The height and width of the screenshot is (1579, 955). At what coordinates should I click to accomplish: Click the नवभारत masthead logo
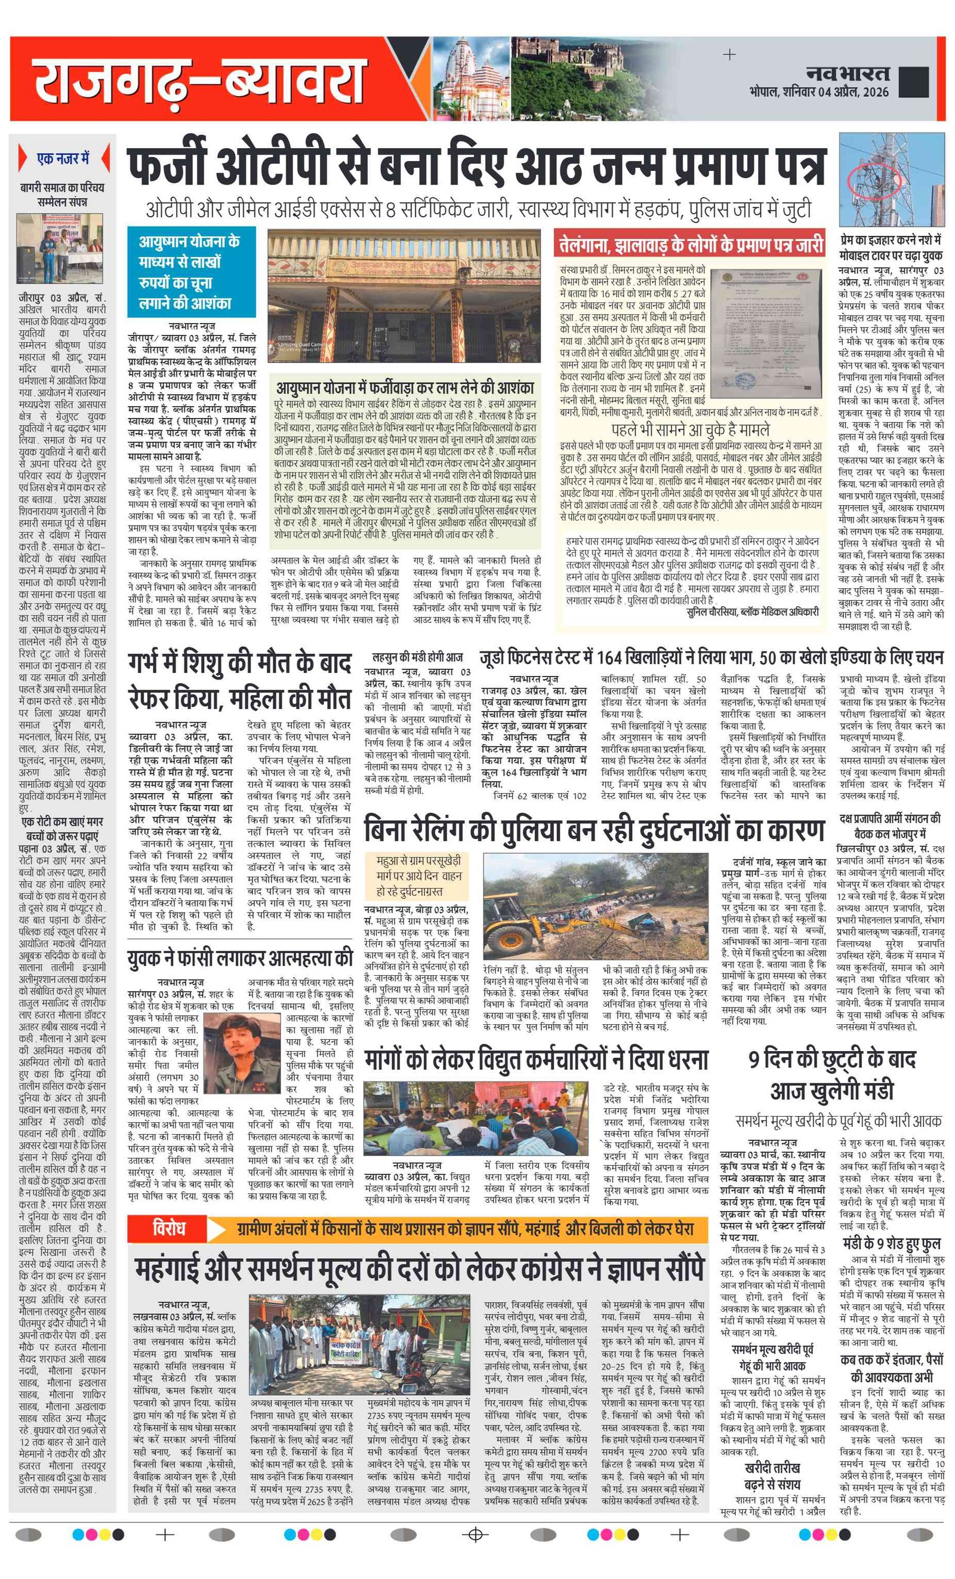[x=848, y=72]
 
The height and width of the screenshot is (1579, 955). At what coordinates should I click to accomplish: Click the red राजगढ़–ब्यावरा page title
[x=199, y=80]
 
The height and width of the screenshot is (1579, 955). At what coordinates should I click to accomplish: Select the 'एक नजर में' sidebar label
[x=63, y=158]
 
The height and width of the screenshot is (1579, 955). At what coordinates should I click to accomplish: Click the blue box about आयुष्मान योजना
[x=191, y=272]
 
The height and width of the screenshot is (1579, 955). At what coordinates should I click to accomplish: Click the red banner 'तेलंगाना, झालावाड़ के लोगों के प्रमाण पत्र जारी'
[x=691, y=245]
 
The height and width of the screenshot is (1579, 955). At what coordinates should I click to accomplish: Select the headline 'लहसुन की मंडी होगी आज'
[x=418, y=657]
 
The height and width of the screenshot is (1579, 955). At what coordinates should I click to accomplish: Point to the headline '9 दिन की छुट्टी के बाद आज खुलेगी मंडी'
[x=832, y=1076]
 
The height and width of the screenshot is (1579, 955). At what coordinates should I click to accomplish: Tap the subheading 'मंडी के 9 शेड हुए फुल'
[x=891, y=1243]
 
